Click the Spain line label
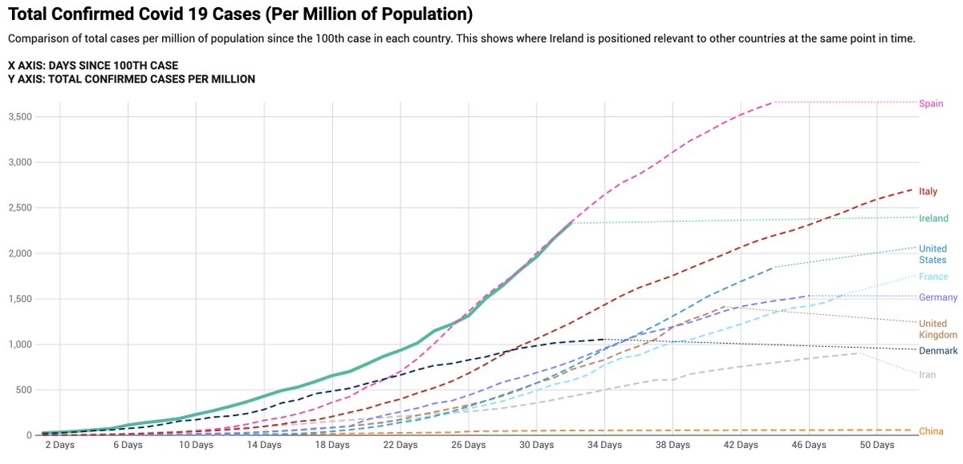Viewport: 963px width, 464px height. pos(931,103)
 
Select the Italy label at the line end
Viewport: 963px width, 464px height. pos(928,192)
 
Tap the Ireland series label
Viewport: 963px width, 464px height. pos(933,219)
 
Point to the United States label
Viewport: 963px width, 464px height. pos(933,254)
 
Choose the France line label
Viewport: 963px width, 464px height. pos(933,277)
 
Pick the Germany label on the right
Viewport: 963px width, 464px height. pos(938,298)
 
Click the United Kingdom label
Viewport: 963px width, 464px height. pos(938,329)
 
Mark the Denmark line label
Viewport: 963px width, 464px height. pos(938,352)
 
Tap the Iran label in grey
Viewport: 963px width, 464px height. pos(927,375)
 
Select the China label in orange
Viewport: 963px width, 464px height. pos(931,432)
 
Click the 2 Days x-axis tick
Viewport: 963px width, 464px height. pos(59,445)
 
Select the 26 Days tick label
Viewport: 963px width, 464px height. pos(469,445)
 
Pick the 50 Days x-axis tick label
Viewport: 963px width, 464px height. pos(877,445)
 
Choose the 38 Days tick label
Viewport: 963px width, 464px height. pos(672,445)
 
